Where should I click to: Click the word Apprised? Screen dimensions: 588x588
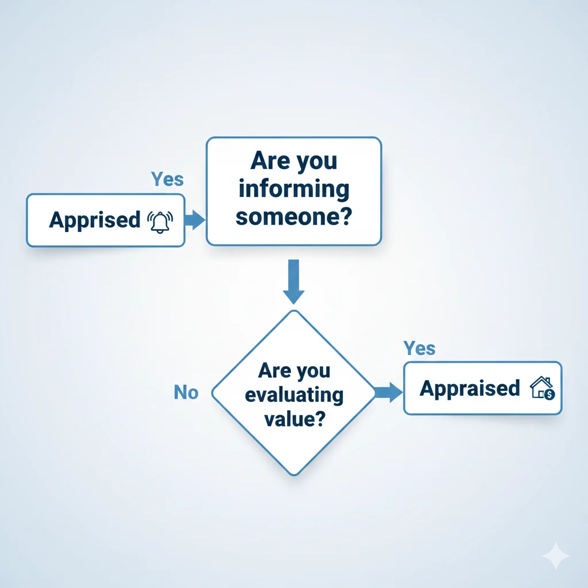[x=94, y=220]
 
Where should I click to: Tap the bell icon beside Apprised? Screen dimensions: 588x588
[x=160, y=221]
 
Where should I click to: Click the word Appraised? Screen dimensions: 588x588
[x=469, y=389]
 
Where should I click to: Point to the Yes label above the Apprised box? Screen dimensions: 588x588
[x=167, y=180]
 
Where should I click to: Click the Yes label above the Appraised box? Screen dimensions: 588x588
[x=419, y=348]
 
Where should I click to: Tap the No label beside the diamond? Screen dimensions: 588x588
[x=186, y=393]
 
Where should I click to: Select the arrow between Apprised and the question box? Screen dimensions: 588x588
[x=195, y=220]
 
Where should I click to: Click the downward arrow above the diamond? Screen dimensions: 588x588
[x=293, y=281]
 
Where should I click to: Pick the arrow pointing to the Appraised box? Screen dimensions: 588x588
[x=389, y=393]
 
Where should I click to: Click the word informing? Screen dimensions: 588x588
[x=293, y=189]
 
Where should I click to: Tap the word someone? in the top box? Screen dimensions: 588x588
[x=293, y=218]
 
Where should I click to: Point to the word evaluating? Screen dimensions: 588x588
[x=294, y=396]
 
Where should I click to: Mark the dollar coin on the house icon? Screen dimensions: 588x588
[x=550, y=394]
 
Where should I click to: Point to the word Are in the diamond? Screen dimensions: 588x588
[x=275, y=370]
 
